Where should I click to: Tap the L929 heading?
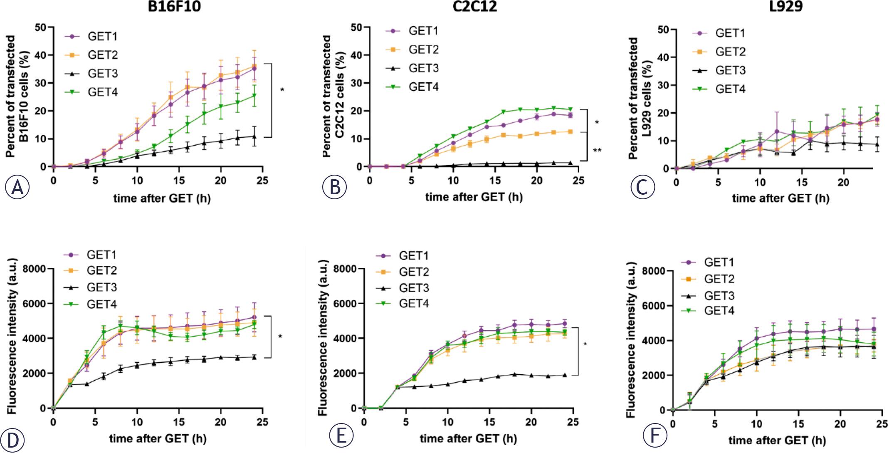(x=774, y=7)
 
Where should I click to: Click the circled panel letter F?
(x=655, y=436)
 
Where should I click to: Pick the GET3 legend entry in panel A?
(x=102, y=74)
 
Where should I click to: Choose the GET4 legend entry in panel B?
(x=423, y=87)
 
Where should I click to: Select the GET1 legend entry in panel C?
(x=730, y=33)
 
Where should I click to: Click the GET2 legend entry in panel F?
(x=719, y=279)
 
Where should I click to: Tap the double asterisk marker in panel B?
(x=597, y=151)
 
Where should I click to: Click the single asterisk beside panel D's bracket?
(x=280, y=337)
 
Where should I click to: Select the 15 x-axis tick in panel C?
(x=802, y=183)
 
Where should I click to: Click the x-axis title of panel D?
(x=158, y=438)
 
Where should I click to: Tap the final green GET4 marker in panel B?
(x=570, y=109)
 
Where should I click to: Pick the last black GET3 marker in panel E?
(x=565, y=375)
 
